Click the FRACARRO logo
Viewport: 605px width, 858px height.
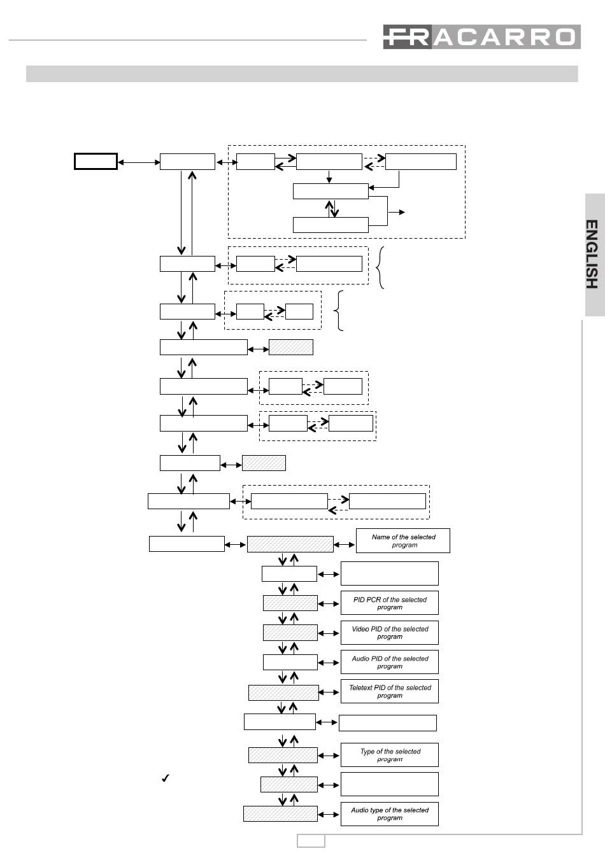481,37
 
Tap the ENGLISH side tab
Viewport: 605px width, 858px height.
595,255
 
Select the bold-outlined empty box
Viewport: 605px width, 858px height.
96,161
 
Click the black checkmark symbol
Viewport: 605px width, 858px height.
165,778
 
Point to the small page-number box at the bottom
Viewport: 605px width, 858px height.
311,841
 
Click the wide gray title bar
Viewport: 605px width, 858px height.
302,74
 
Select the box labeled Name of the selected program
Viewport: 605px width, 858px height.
403,540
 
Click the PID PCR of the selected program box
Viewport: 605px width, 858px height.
390,603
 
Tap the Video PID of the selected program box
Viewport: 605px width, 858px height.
390,633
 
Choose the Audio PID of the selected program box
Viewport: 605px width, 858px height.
390,662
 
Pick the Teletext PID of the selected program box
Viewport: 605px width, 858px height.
390,691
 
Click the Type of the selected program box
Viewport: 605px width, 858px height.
390,755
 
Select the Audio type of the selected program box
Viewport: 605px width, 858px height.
390,813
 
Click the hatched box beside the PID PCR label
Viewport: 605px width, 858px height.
290,603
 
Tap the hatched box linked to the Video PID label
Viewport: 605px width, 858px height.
290,633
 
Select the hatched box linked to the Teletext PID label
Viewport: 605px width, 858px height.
283,693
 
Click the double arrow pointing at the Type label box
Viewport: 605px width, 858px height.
329,756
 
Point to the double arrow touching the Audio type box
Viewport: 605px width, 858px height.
329,815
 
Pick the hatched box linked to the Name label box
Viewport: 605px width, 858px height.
290,544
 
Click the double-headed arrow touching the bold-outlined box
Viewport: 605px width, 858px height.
139,162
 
